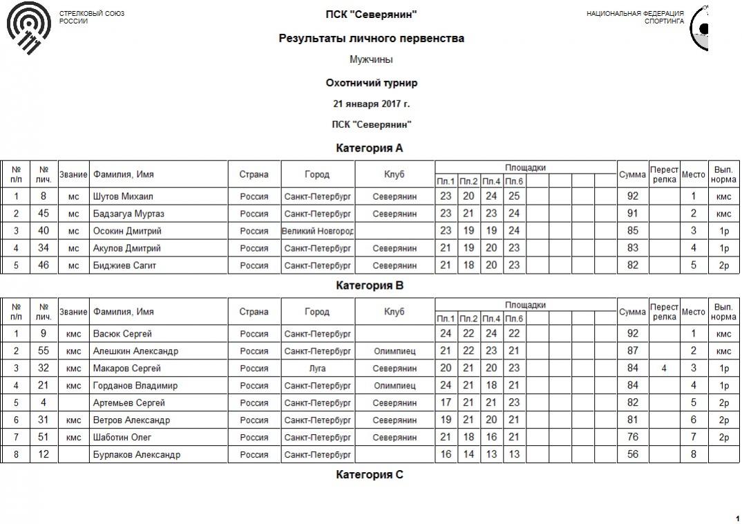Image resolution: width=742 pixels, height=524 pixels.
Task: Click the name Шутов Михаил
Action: [x=123, y=196]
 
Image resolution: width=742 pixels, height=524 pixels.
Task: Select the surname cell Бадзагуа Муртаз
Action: [x=129, y=214]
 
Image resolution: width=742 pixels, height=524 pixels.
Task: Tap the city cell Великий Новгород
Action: [x=318, y=231]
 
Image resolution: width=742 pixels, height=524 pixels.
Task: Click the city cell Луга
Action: [x=318, y=368]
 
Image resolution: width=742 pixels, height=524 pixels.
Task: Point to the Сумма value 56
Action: [x=632, y=455]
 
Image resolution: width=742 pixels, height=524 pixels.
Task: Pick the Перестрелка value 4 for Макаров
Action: [x=664, y=368]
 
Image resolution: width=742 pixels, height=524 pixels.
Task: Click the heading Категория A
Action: [x=370, y=148]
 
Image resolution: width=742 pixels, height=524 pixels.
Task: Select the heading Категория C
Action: [x=370, y=475]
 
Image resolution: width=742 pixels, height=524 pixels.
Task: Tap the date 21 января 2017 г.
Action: [x=371, y=104]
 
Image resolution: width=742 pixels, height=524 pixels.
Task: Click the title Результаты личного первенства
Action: [x=371, y=39]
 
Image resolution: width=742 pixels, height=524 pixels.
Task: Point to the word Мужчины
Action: [x=371, y=60]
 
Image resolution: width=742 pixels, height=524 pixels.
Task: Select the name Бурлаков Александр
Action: [x=137, y=455]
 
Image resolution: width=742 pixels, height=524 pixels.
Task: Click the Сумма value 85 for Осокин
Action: [x=632, y=231]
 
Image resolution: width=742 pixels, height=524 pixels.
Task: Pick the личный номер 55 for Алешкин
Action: [x=44, y=351]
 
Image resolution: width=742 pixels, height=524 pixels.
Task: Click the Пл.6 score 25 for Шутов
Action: [x=513, y=196]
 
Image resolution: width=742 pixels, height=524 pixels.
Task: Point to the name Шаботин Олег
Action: [x=122, y=438]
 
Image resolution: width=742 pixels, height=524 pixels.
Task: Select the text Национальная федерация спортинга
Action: [x=635, y=17]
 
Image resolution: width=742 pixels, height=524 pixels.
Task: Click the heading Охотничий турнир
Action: [x=371, y=83]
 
